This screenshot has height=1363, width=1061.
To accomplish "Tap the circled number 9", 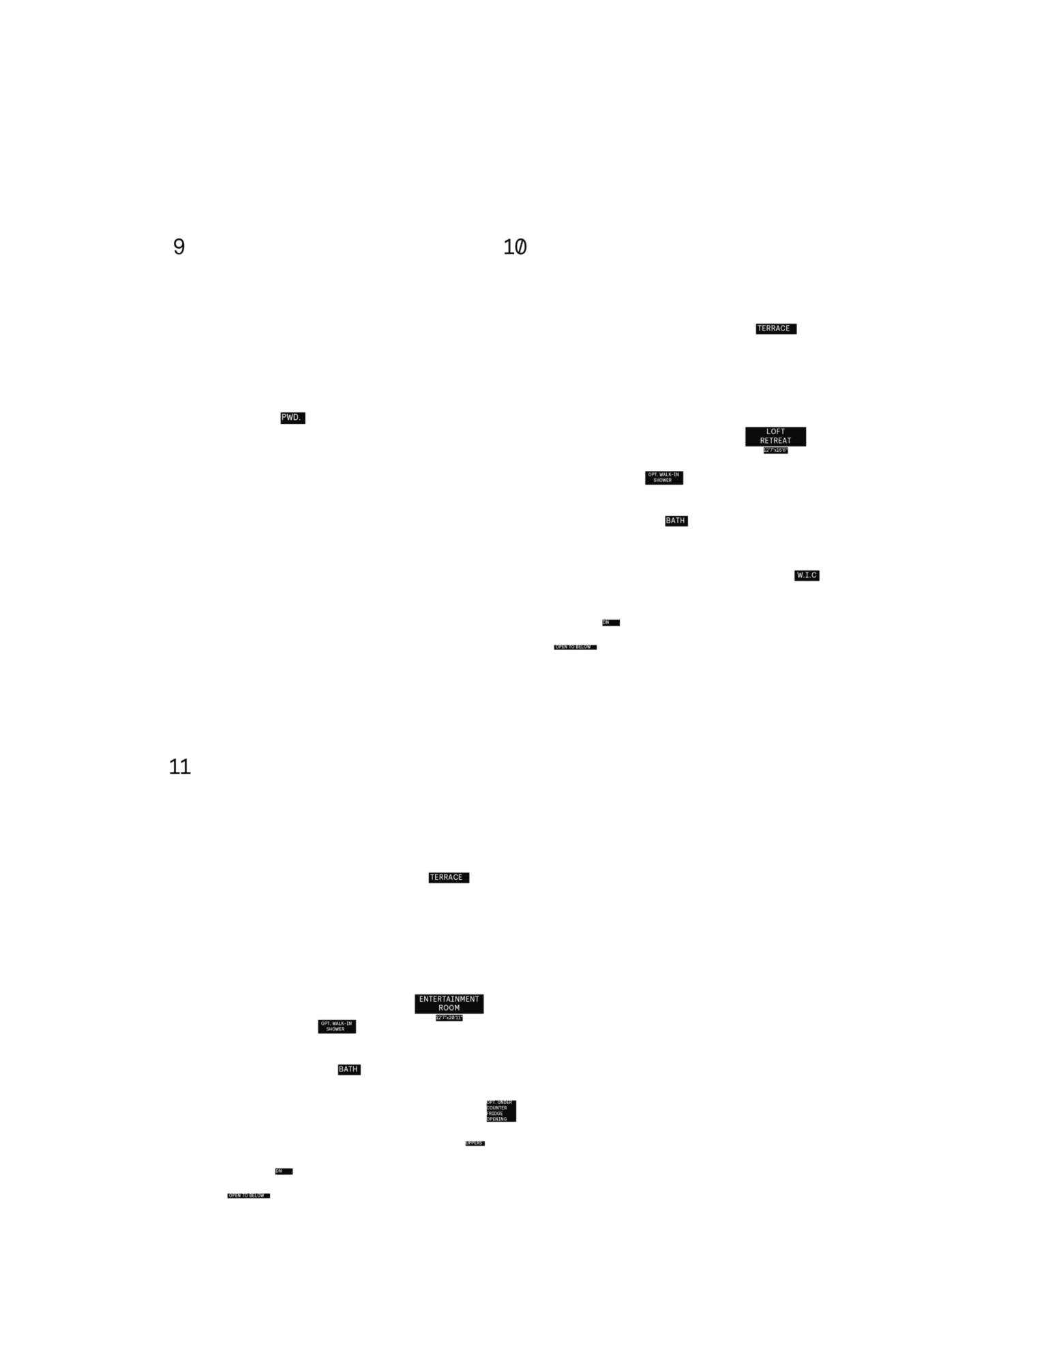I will point(179,246).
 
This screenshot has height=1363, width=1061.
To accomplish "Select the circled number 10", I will point(514,247).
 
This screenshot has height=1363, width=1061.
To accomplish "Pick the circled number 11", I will point(179,767).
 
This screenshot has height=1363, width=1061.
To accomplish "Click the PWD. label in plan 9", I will point(290,417).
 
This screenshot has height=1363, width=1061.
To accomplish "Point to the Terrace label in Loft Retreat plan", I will point(773,328).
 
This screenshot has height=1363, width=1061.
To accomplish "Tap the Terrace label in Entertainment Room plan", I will point(446,877).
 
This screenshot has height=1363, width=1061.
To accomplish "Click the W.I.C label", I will point(807,575).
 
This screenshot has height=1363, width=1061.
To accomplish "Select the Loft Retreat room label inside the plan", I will point(775,436).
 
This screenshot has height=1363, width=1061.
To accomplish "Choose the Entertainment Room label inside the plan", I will point(449,1003).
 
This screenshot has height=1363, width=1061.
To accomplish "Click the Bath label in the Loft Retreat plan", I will point(675,521).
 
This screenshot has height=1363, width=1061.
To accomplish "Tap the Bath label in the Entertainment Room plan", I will point(348,1069).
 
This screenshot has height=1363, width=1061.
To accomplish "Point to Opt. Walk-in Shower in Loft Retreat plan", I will point(663,477).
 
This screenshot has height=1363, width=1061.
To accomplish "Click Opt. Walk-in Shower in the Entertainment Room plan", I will point(336,1026).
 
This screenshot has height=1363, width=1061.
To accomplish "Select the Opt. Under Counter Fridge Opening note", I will point(498,1110).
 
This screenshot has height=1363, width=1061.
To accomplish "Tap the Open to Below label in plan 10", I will point(573,646).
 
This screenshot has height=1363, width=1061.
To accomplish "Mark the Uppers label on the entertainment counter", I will point(474,1143).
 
